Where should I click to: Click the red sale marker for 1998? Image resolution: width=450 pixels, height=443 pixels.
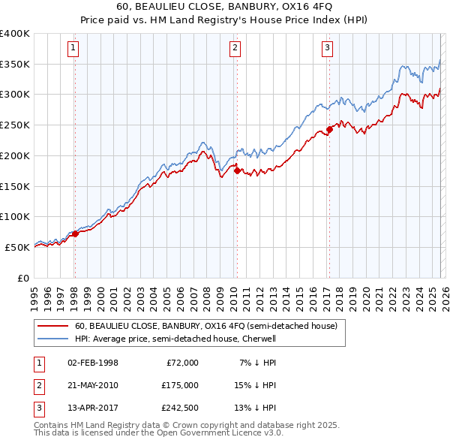(75, 234)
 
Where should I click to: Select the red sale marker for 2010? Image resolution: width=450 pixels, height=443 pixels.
(237, 170)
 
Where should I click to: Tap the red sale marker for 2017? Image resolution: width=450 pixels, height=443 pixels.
(329, 130)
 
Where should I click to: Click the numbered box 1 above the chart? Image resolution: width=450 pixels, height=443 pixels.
(73, 48)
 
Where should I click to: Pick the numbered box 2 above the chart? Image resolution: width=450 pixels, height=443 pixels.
(235, 48)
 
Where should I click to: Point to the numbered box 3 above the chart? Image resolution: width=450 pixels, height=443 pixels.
(328, 48)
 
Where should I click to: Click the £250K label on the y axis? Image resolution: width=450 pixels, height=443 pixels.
(15, 125)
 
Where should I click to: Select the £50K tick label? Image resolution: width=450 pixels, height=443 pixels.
(18, 247)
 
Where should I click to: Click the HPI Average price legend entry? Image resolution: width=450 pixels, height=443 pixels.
(175, 339)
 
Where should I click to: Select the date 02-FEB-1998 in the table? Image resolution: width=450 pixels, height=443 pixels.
(92, 363)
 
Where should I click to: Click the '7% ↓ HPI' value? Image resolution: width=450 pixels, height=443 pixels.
(256, 363)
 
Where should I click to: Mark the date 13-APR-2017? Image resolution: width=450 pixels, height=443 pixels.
(92, 408)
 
